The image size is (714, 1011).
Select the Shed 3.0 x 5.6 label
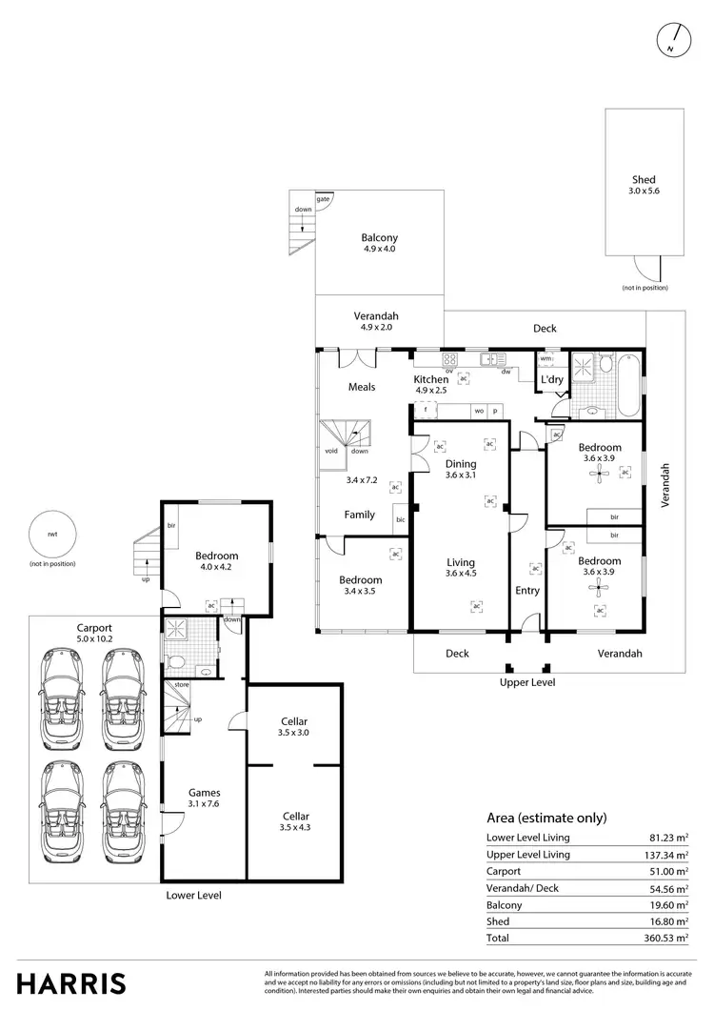pyautogui.click(x=644, y=185)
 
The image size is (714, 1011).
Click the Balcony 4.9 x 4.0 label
pyautogui.click(x=379, y=243)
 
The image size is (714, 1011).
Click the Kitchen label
pyautogui.click(x=430, y=379)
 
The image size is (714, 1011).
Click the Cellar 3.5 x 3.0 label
pyautogui.click(x=293, y=727)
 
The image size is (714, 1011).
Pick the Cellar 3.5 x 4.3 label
pyautogui.click(x=293, y=821)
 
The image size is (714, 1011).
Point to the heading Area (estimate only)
pyautogui.click(x=545, y=818)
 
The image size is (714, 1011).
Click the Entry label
pyautogui.click(x=526, y=591)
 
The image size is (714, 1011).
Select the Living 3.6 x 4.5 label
pyautogui.click(x=460, y=568)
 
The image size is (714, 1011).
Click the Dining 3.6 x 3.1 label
pyautogui.click(x=460, y=470)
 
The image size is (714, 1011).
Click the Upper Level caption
pyautogui.click(x=526, y=683)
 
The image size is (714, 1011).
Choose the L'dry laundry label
pyautogui.click(x=552, y=380)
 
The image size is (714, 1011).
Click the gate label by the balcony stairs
pyautogui.click(x=324, y=198)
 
